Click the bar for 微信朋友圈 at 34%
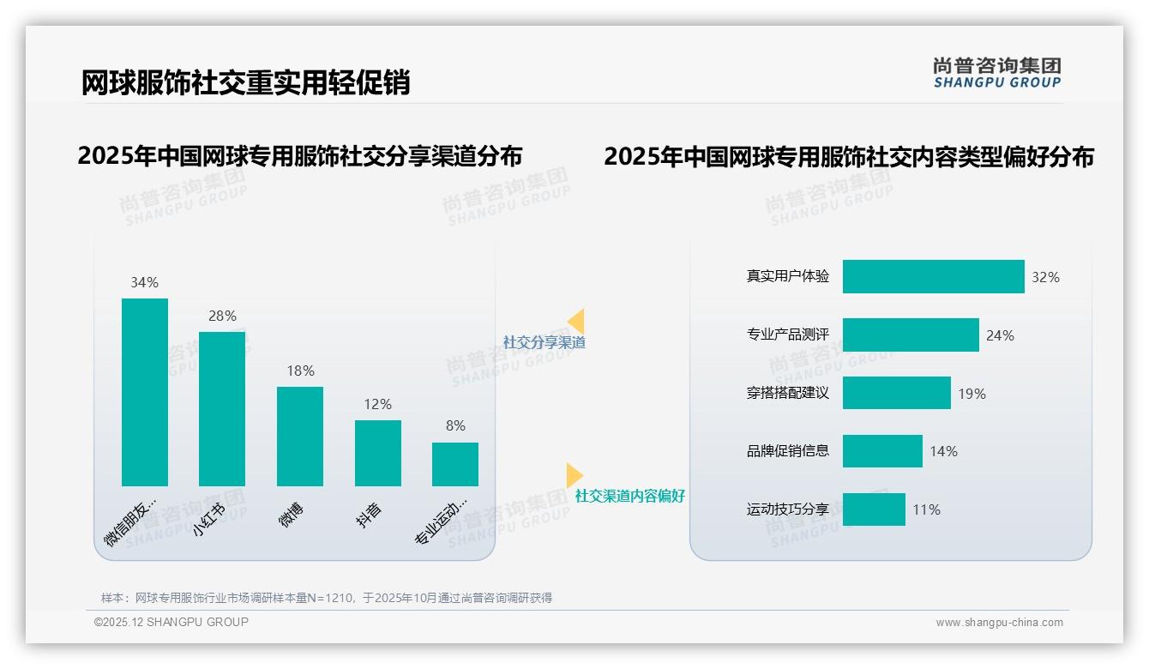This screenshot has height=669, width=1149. [145, 392]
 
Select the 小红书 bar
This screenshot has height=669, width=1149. [222, 409]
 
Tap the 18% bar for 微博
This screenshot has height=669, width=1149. [300, 437]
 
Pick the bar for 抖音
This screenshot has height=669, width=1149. [378, 453]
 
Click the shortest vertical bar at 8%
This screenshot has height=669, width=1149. [455, 464]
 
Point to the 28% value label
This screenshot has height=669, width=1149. [222, 316]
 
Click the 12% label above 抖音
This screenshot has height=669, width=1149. [378, 404]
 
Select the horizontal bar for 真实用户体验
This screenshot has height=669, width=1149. [933, 277]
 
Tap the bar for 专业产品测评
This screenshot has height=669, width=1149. [911, 334]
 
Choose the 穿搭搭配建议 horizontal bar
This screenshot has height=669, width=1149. [896, 393]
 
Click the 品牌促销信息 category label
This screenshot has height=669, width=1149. [788, 451]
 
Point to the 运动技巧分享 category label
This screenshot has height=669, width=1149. [788, 509]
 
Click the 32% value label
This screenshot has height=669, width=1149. [1046, 277]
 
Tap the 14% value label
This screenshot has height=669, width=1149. [944, 451]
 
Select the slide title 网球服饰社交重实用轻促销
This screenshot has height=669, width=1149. [245, 82]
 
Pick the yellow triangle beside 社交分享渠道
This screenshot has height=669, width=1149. [576, 322]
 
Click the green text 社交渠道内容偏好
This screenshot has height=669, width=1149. [630, 497]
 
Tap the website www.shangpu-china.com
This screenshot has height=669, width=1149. [999, 623]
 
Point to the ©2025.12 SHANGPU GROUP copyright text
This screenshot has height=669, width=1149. [171, 622]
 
